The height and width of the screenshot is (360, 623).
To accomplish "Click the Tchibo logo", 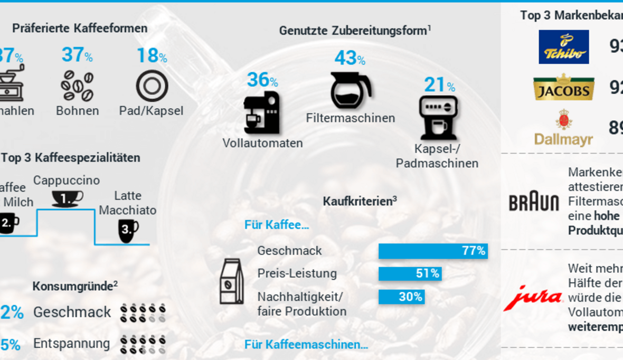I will (x=563, y=46).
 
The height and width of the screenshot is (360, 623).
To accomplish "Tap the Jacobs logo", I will (x=563, y=87).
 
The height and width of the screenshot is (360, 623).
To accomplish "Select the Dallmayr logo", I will (x=563, y=128).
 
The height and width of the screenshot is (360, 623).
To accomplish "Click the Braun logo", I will (x=534, y=202).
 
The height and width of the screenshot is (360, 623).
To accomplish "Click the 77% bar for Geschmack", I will (x=433, y=251).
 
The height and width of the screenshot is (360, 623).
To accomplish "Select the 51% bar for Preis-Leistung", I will (x=410, y=273).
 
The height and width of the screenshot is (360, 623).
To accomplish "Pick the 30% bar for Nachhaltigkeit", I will (x=401, y=297).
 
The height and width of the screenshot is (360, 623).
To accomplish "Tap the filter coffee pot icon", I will (x=351, y=90).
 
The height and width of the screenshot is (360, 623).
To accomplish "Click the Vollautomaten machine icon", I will (x=261, y=112).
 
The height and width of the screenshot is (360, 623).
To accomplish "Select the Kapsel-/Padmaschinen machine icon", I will (x=438, y=117).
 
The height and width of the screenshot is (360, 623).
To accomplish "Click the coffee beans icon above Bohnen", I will (x=77, y=86).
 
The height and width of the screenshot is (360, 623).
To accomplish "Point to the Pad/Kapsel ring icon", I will (x=152, y=86).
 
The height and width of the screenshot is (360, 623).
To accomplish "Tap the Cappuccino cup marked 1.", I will (x=67, y=198).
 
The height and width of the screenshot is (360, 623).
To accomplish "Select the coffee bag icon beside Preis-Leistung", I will (x=231, y=281).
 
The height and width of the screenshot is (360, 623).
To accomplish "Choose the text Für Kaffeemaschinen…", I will (x=306, y=345).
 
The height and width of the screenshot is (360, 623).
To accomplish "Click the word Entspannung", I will (x=71, y=344).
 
